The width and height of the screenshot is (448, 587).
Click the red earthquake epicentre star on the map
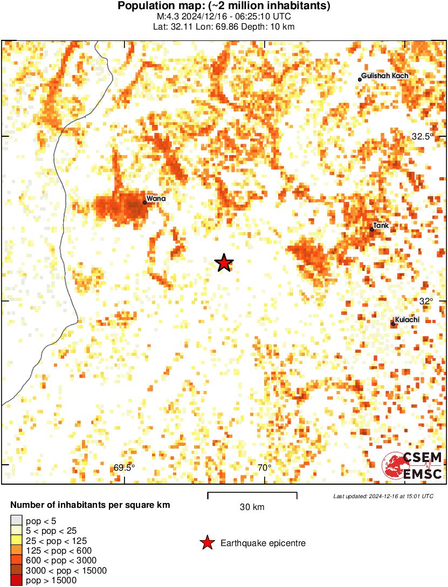click(224, 263)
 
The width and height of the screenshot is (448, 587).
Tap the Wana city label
click(156, 198)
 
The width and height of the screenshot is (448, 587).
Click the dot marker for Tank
click(372, 230)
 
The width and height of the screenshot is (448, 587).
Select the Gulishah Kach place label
click(384, 76)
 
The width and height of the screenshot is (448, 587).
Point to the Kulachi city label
click(407, 319)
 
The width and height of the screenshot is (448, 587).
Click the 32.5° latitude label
click(422, 137)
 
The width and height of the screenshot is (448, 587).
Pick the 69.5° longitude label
click(125, 468)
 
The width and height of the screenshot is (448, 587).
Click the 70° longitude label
click(264, 468)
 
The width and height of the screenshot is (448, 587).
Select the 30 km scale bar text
click(252, 507)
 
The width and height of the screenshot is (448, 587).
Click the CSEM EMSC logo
click(412, 466)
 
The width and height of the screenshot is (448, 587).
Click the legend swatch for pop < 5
click(16, 521)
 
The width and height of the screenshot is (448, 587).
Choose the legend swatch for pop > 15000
click(16, 581)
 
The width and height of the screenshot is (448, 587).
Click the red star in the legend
click(206, 543)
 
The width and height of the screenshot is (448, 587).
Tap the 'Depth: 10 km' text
click(268, 27)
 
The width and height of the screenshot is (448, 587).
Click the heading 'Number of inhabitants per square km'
click(90, 505)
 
